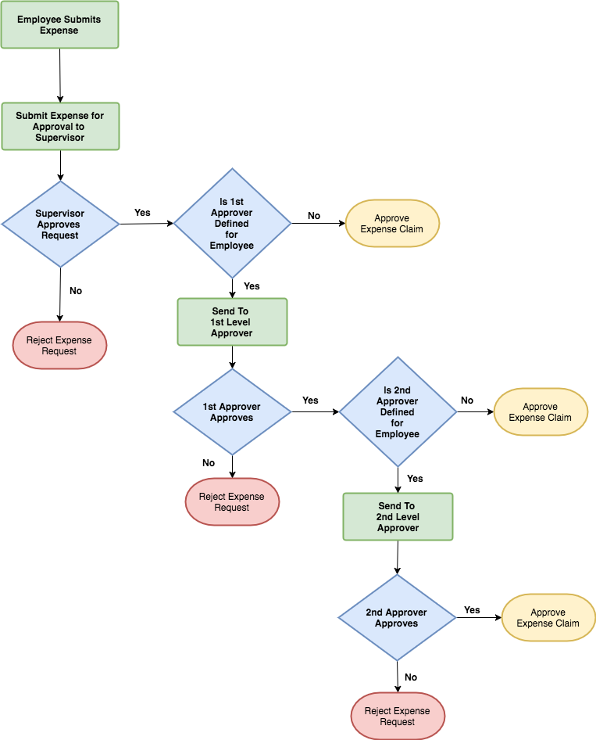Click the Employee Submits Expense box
pyautogui.click(x=59, y=25)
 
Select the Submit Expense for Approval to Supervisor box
pyautogui.click(x=60, y=126)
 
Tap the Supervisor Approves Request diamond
pyautogui.click(x=60, y=225)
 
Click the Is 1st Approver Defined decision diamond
pyautogui.click(x=232, y=224)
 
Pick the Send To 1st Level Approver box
pyautogui.click(x=232, y=322)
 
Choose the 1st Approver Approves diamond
pyautogui.click(x=232, y=411)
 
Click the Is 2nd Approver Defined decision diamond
pyautogui.click(x=398, y=411)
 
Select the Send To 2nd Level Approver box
pyautogui.click(x=398, y=516)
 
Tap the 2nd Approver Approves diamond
pyautogui.click(x=397, y=618)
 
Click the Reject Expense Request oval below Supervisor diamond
pyautogui.click(x=59, y=346)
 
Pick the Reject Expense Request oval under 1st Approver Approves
pyautogui.click(x=232, y=501)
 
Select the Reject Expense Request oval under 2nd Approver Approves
pyautogui.click(x=398, y=716)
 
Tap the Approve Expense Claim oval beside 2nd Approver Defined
pyautogui.click(x=540, y=411)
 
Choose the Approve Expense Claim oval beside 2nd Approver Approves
pyautogui.click(x=548, y=618)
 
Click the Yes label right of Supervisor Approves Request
pyautogui.click(x=142, y=213)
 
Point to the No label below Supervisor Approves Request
pyautogui.click(x=76, y=291)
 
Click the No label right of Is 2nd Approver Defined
pyautogui.click(x=467, y=401)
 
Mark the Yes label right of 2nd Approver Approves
pyautogui.click(x=472, y=610)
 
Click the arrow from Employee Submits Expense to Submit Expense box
pyautogui.click(x=60, y=75)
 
